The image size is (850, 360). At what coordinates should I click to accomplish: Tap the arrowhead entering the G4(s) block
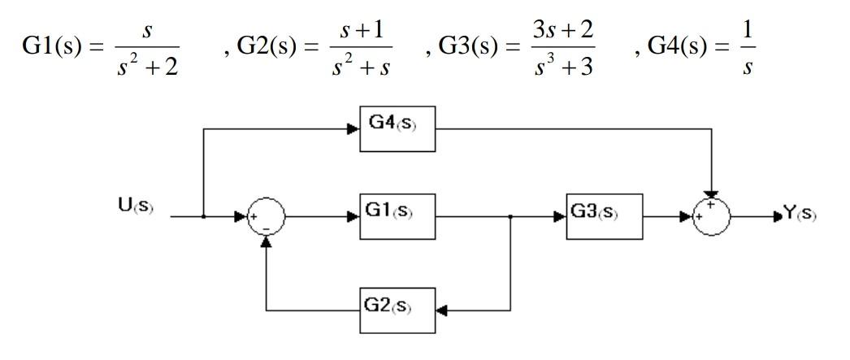(x=355, y=127)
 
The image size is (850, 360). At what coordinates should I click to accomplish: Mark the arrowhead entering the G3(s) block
(x=560, y=217)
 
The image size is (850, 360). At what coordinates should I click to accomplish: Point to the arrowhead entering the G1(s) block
(x=355, y=217)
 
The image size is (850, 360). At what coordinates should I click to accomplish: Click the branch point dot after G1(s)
(x=510, y=217)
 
